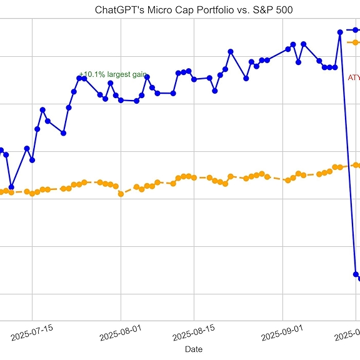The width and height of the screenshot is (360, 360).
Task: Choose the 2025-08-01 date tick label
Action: [122, 329]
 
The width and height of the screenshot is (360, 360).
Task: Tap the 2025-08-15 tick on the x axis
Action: [195, 329]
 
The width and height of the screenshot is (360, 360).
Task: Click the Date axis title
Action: [193, 349]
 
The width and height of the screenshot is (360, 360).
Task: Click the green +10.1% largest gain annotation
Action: [113, 74]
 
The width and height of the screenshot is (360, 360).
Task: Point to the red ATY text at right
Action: [353, 78]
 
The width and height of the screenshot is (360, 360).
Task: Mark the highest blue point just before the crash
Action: [340, 31]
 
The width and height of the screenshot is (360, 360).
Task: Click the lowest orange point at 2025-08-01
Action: [121, 194]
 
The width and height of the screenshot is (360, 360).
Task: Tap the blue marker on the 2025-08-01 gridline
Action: [121, 100]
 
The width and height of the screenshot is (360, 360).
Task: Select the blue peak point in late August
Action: [231, 51]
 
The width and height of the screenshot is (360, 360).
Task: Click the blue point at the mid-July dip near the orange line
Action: [11, 187]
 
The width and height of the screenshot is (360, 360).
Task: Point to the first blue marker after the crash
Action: [356, 274]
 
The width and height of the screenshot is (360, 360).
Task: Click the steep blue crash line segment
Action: [348, 156]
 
